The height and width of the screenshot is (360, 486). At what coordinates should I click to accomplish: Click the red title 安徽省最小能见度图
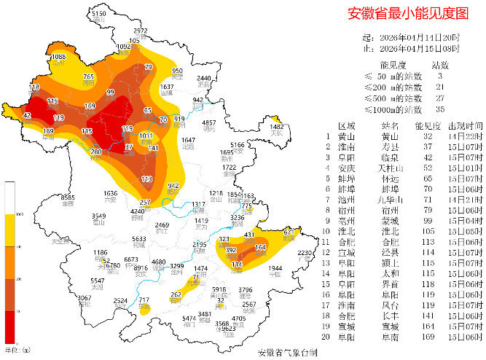pos(407,13)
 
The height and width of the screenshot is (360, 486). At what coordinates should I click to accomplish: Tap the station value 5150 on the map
pos(99,14)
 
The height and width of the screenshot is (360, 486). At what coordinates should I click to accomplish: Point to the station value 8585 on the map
pos(68,197)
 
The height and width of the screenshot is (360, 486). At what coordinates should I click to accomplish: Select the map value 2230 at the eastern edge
pos(305,252)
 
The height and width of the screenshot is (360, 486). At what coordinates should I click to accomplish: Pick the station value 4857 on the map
pos(209,122)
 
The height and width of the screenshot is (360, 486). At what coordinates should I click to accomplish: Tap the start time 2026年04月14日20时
pos(422,37)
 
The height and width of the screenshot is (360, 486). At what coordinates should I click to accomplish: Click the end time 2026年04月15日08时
pos(422,48)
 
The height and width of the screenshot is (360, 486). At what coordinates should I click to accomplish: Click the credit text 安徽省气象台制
pos(287,353)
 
